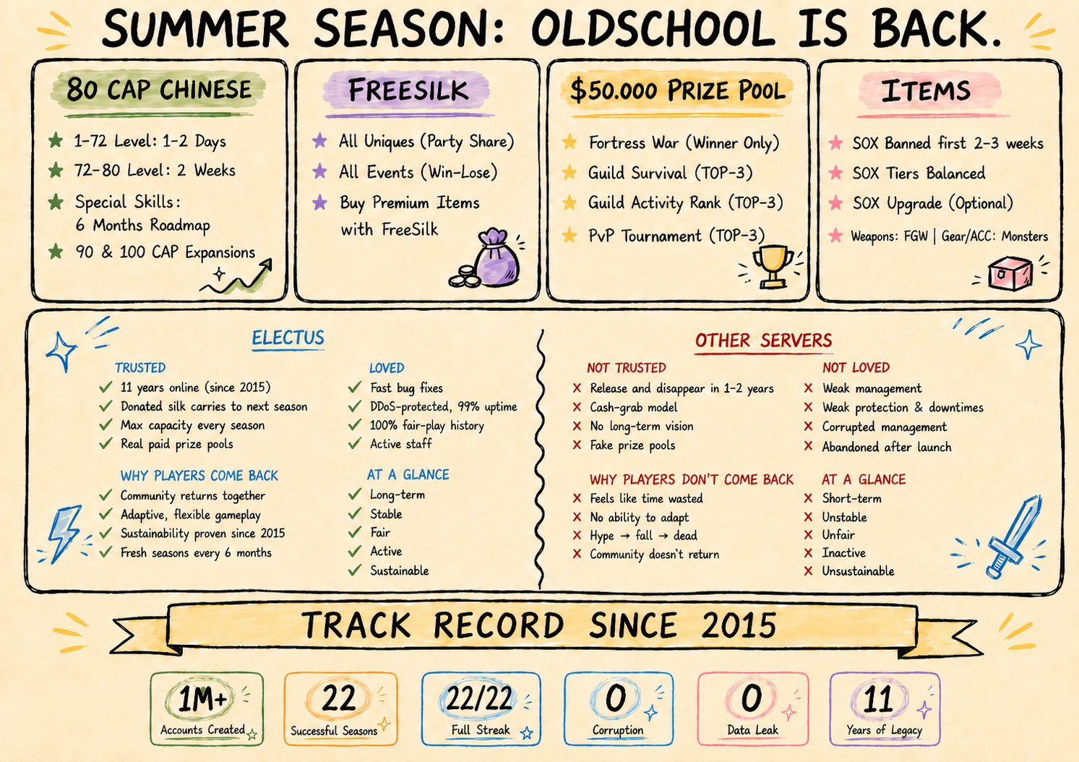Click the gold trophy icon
tap(773, 267)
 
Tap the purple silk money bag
tap(497, 258)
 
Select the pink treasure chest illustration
tap(1010, 273)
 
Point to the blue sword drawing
tap(1013, 536)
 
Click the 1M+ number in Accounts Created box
tap(202, 699)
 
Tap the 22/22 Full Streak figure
tap(478, 698)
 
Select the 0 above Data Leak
tap(751, 698)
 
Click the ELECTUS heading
tap(288, 338)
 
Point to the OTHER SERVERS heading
tap(763, 341)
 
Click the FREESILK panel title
tap(408, 90)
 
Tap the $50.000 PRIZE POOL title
tap(678, 90)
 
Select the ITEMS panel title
tap(926, 90)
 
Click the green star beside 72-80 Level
tap(56, 170)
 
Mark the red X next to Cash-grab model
tap(577, 407)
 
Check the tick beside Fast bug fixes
tap(355, 387)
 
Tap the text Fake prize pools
tap(632, 445)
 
